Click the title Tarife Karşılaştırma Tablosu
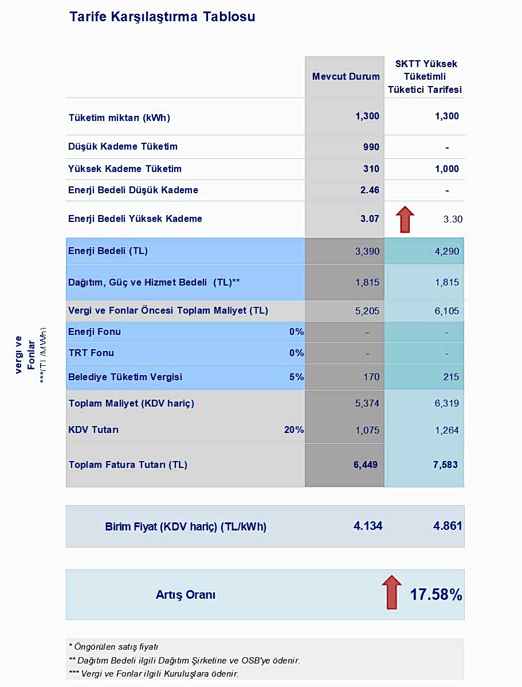click(162, 17)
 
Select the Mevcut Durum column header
click(346, 77)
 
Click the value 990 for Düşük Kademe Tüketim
click(371, 147)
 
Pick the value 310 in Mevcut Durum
click(371, 169)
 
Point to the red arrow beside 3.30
click(405, 219)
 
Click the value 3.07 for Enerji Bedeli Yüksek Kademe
click(370, 218)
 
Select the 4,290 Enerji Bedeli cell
click(446, 251)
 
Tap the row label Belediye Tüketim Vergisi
click(125, 377)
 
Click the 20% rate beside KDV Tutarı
click(294, 430)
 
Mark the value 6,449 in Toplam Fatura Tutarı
click(366, 465)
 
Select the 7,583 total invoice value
click(446, 465)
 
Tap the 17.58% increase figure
click(435, 595)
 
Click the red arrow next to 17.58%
click(391, 592)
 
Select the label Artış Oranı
click(186, 595)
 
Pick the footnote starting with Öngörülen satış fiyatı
click(113, 647)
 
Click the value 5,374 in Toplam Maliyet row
click(367, 404)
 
